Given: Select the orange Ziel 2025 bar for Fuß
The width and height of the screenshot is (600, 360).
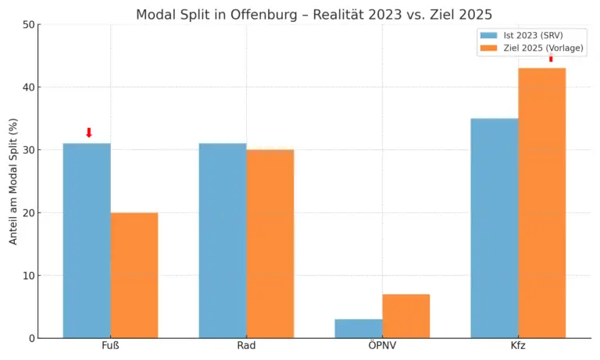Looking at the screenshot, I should pyautogui.click(x=134, y=275).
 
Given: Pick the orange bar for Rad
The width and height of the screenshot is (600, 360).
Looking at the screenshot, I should pyautogui.click(x=270, y=244).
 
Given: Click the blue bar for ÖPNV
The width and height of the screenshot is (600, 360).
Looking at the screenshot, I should pyautogui.click(x=359, y=328).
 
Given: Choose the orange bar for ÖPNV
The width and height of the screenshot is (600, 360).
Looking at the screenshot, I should pyautogui.click(x=406, y=315).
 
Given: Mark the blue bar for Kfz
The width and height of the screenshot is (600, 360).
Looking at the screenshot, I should pyautogui.click(x=495, y=228).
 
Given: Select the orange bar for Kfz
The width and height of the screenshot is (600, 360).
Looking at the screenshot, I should pyautogui.click(x=542, y=203).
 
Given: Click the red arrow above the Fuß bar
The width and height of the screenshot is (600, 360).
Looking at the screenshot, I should pyautogui.click(x=89, y=133).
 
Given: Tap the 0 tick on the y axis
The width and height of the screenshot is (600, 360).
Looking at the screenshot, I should pyautogui.click(x=32, y=338).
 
